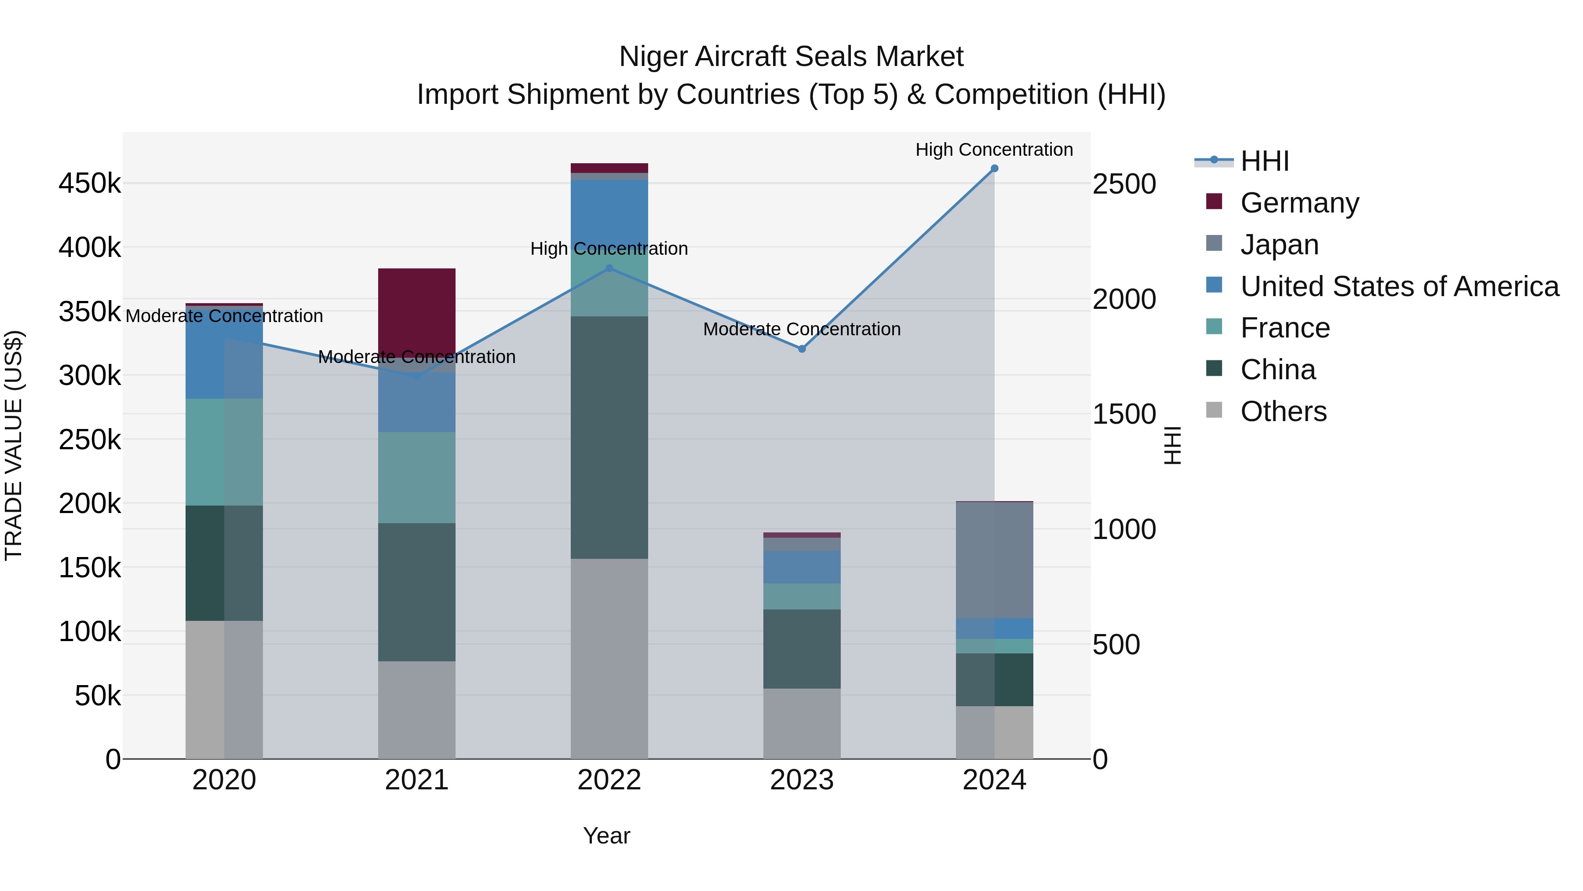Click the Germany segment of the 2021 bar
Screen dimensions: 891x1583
click(x=417, y=311)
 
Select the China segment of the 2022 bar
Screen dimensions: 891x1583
click(x=609, y=437)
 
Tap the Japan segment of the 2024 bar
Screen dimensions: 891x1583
click(x=994, y=560)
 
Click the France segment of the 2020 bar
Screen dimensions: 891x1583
click(x=224, y=452)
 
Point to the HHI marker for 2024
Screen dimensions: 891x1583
click(x=994, y=169)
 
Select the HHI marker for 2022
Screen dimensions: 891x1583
click(x=609, y=268)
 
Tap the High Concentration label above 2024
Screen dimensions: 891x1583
click(x=994, y=150)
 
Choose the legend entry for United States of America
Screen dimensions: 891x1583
click(x=1399, y=286)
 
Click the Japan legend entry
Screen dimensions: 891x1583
click(x=1280, y=245)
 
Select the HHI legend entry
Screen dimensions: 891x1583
click(x=1264, y=161)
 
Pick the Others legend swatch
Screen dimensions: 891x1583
click(x=1214, y=410)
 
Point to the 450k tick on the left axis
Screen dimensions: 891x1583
click(x=90, y=183)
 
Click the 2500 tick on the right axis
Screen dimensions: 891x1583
click(x=1124, y=184)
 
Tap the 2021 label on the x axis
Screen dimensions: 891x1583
click(x=417, y=780)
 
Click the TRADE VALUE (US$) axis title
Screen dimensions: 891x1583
click(x=14, y=445)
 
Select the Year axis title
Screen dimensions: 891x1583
click(x=606, y=836)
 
